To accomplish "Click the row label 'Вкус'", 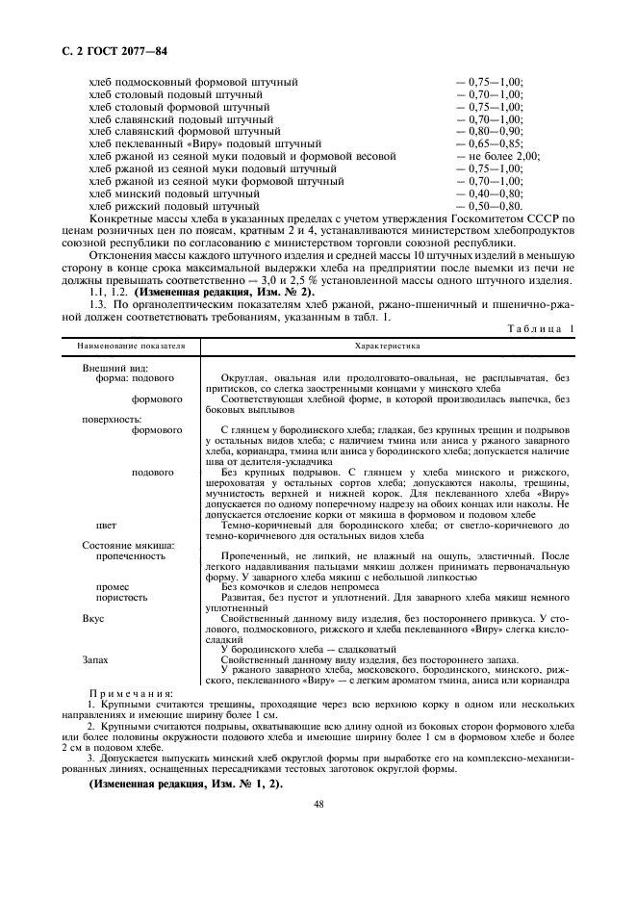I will tap(92, 618).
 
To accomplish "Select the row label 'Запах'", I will tap(95, 660).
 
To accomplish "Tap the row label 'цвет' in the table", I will tap(107, 526).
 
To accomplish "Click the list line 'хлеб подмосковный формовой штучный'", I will tap(192, 82).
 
